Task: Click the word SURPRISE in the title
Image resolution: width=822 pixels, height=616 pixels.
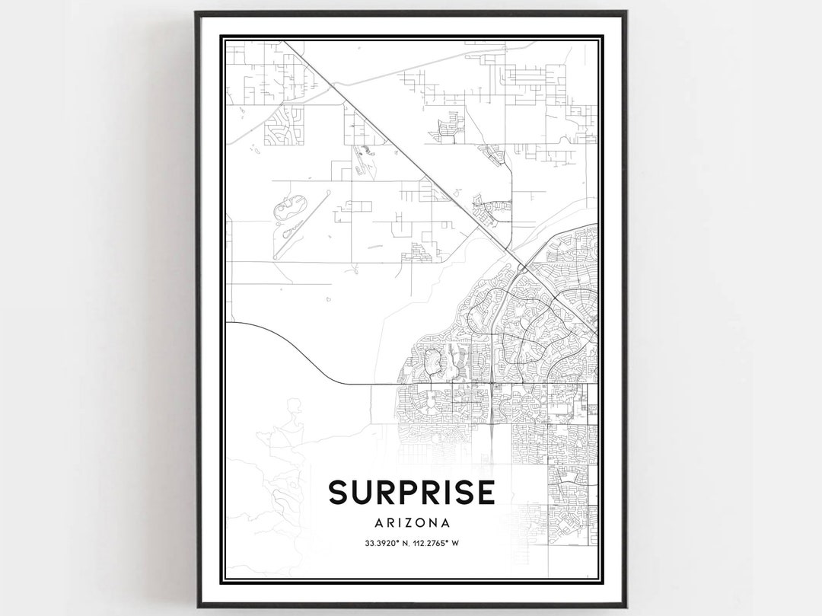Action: (411, 493)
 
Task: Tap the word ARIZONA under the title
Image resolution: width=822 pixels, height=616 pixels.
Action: (411, 523)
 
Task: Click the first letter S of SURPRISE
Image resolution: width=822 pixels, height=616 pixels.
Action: (339, 493)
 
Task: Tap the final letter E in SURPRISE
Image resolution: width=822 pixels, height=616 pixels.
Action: (485, 493)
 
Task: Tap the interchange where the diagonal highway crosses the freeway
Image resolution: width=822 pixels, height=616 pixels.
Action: (524, 268)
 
